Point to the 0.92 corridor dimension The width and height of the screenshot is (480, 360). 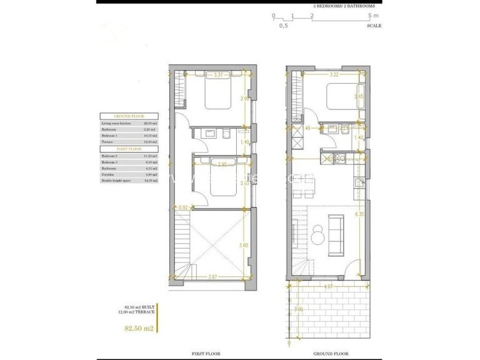click(x=183, y=207)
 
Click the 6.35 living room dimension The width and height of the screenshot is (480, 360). click(x=359, y=214)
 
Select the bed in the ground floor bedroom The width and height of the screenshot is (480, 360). click(x=341, y=96)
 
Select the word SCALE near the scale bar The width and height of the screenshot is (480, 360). click(x=374, y=26)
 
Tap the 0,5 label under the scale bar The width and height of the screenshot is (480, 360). click(x=283, y=26)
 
